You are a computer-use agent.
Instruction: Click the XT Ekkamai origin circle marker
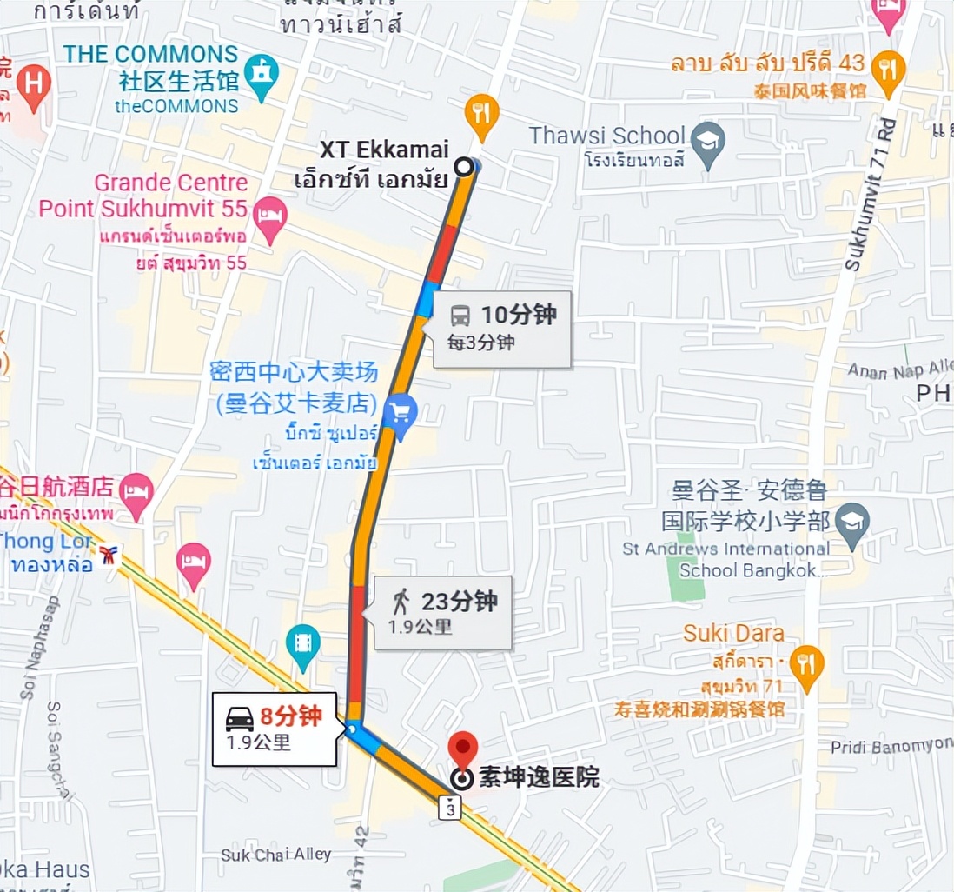[465, 167]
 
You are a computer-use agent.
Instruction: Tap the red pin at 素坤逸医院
[463, 749]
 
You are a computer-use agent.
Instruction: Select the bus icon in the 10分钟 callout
[460, 316]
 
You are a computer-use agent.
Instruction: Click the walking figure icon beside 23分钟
[401, 602]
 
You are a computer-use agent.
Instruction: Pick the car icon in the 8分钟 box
[240, 718]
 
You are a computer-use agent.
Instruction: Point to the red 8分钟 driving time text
[290, 717]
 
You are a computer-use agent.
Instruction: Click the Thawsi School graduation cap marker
[708, 139]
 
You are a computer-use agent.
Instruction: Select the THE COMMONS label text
[150, 54]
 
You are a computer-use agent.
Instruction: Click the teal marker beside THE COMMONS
[261, 73]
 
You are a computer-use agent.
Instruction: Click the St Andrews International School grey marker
[851, 522]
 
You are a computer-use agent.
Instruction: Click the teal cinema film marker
[302, 644]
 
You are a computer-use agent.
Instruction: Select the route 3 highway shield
[449, 809]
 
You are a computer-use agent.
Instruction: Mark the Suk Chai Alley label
[275, 855]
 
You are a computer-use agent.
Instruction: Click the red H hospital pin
[34, 85]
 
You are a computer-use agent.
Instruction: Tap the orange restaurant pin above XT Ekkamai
[480, 112]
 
